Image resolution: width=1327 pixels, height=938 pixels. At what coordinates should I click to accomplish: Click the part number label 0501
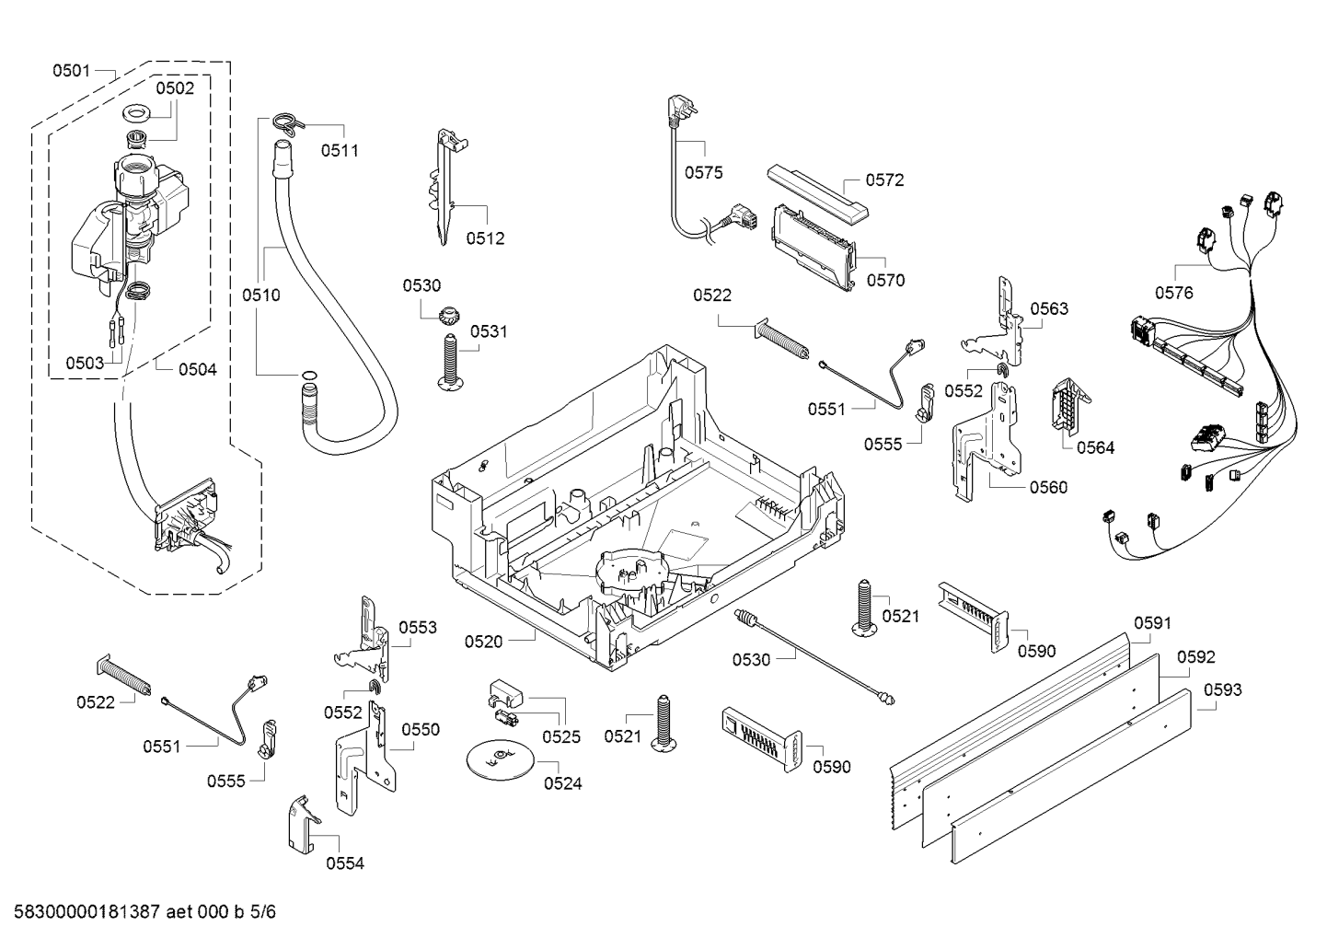pos(71,70)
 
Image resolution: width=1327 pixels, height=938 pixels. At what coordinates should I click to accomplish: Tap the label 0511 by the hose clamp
pos(340,150)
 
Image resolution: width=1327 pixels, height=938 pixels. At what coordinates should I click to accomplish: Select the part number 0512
pos(485,238)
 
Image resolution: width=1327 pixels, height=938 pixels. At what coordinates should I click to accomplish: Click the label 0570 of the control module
pos(885,281)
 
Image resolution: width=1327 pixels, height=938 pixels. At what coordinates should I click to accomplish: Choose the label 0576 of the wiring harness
pos(1173,293)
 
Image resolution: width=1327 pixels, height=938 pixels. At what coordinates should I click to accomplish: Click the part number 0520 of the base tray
pos(483,641)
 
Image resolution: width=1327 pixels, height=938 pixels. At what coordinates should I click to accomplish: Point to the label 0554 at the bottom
pos(344,863)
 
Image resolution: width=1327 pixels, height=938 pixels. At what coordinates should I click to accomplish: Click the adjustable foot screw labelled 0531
pos(450,362)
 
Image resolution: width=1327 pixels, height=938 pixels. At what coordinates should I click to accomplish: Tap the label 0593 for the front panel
pos(1222,689)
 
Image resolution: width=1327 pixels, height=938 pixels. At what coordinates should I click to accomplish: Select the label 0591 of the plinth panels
pos(1151,623)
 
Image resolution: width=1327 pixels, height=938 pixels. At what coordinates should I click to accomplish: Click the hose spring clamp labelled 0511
pos(285,124)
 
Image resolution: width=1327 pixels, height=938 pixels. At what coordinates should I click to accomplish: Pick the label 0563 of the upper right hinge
pos(1049,308)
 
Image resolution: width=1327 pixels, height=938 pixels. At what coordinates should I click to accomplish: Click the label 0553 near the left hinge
pos(418,628)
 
